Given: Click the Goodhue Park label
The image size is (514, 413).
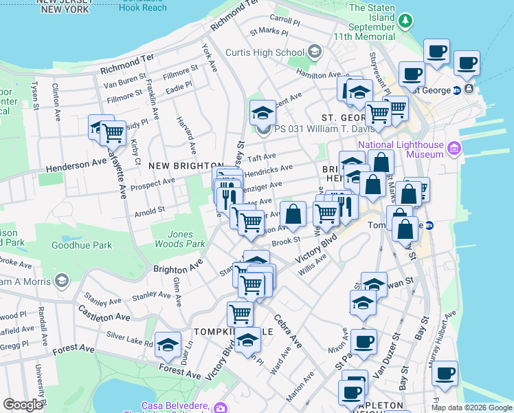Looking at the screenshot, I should pyautogui.click(x=92, y=245).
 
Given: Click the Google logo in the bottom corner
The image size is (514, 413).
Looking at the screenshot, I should pyautogui.click(x=23, y=405).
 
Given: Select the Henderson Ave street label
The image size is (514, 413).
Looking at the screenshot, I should pyautogui.click(x=77, y=165).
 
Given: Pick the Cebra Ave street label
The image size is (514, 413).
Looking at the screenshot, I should pyautogui.click(x=287, y=331).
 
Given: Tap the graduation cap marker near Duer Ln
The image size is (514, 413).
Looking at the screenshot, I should pyautogui.click(x=168, y=346).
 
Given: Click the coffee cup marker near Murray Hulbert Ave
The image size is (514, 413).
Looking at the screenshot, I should pyautogui.click(x=445, y=374).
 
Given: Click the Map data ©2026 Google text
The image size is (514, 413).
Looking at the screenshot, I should pyautogui.click(x=471, y=407).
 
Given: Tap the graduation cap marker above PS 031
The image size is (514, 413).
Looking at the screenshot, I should pyautogui.click(x=262, y=112).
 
